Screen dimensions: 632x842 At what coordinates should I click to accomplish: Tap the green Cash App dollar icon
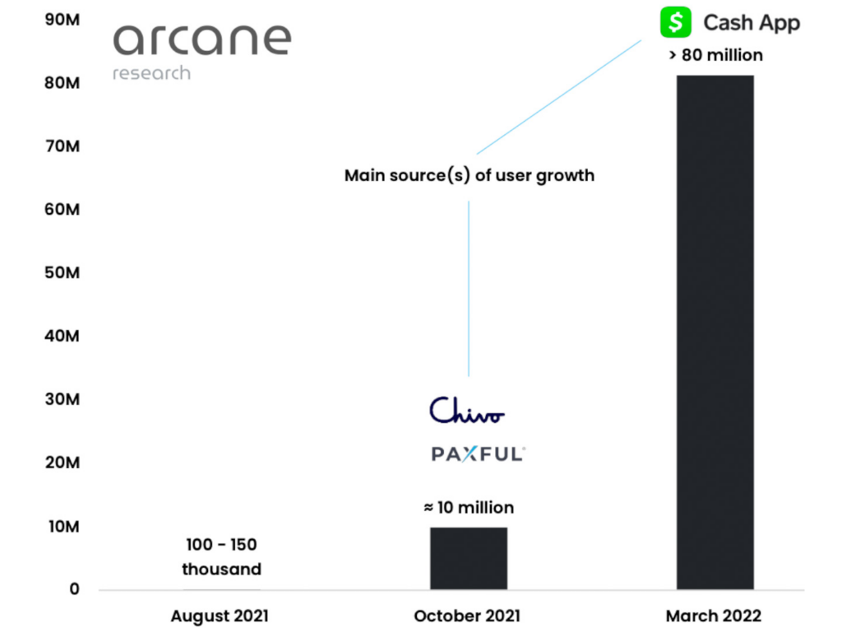click(x=675, y=22)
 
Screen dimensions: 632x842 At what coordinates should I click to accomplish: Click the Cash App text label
click(x=752, y=23)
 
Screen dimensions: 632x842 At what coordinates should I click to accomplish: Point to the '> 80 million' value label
click(x=715, y=56)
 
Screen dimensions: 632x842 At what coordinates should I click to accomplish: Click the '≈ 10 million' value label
click(x=469, y=508)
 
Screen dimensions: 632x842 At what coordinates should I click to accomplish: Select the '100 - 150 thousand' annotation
click(x=221, y=557)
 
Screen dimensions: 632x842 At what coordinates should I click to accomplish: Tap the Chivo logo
click(x=467, y=410)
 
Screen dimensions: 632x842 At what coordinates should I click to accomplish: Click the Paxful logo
click(x=478, y=453)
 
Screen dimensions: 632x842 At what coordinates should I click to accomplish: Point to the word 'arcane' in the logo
click(x=201, y=39)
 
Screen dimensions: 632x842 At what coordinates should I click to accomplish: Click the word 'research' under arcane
click(x=151, y=73)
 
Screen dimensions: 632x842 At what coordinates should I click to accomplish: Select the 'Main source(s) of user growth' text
click(x=469, y=175)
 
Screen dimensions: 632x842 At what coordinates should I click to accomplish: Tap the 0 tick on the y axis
click(x=74, y=589)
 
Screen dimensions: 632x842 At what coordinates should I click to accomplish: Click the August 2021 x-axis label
click(x=220, y=616)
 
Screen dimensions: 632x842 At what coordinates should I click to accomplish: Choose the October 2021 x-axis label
click(x=467, y=616)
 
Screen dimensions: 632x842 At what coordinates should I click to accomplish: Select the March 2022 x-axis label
click(x=714, y=616)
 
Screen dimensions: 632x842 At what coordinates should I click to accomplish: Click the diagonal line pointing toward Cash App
click(x=559, y=96)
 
